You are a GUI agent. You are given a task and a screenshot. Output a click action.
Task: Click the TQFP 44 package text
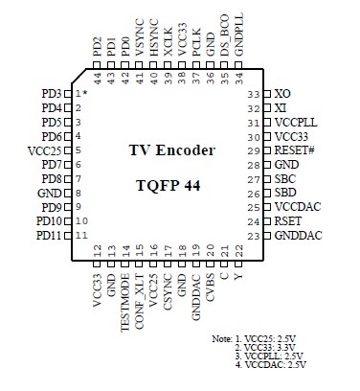172,184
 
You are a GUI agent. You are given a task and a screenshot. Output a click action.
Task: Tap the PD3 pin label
52,93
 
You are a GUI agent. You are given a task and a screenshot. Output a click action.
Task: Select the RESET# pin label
295,150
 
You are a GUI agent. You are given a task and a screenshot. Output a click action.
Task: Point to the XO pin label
281,94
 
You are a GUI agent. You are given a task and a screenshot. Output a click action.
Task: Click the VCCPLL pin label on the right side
296,123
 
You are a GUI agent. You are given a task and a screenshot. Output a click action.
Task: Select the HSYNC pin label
155,50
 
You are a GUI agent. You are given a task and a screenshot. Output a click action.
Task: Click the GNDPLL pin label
238,47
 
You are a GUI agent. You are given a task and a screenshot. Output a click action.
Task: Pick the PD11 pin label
49,235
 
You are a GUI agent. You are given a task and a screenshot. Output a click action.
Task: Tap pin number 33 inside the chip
253,94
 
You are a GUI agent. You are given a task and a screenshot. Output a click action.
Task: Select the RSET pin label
288,221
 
